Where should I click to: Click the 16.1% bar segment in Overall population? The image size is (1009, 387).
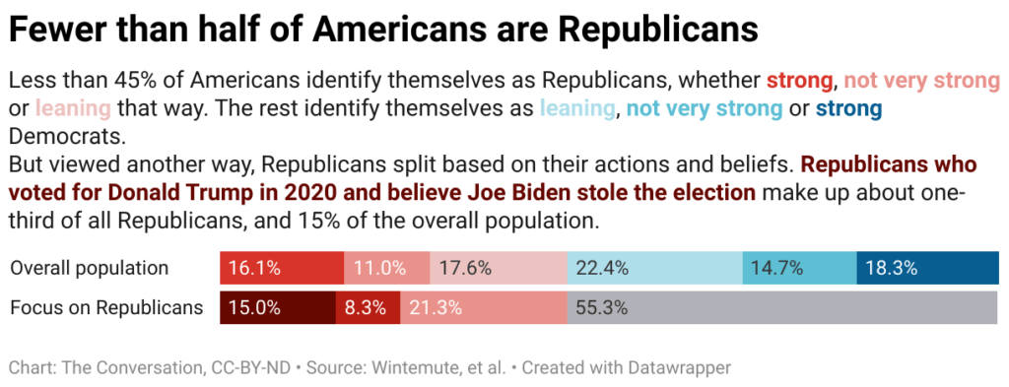point(281,268)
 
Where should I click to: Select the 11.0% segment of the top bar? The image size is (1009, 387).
point(387,268)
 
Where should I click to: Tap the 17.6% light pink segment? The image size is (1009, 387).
point(499,268)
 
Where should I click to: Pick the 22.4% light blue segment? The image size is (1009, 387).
point(654,268)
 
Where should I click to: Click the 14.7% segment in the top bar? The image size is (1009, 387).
point(799,268)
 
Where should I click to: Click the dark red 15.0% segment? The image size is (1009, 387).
point(277,308)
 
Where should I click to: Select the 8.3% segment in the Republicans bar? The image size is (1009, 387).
point(368,308)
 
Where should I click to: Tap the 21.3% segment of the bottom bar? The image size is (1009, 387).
point(483,308)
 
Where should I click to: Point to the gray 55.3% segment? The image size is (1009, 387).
point(783,308)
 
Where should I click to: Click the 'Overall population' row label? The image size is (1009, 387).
point(90,268)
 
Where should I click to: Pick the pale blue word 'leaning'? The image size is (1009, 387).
point(576,107)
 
